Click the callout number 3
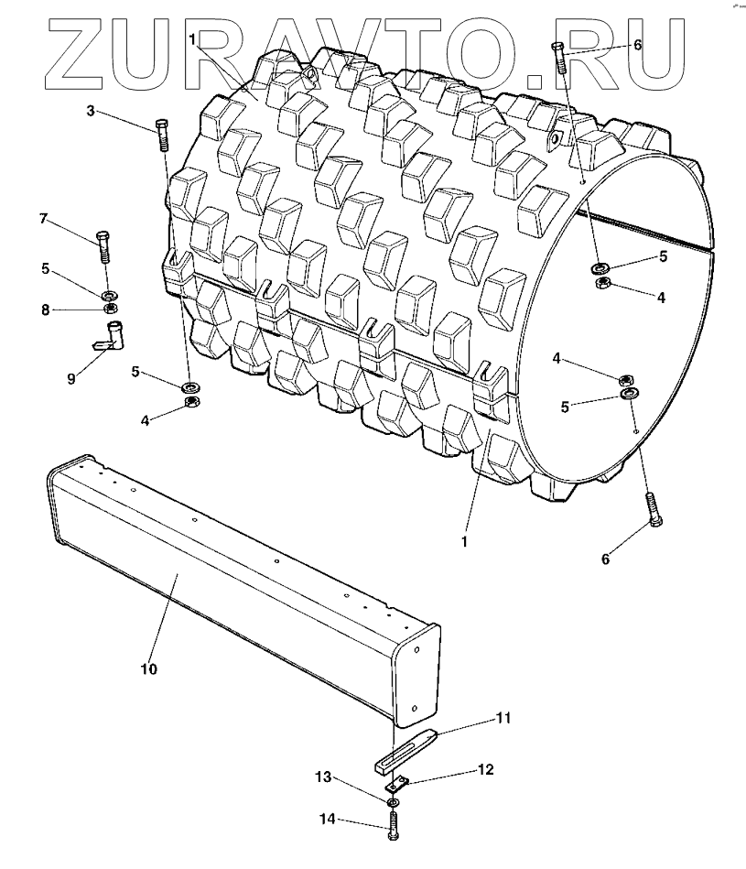(91, 111)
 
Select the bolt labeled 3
(162, 136)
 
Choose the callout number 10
(148, 669)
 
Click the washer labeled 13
(392, 803)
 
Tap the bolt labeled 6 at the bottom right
(654, 508)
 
